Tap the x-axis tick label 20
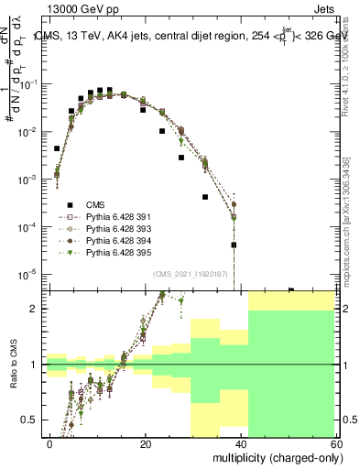pyautogui.click(x=146, y=443)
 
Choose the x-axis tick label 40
pyautogui.click(x=241, y=443)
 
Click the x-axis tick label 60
pyautogui.click(x=335, y=443)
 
